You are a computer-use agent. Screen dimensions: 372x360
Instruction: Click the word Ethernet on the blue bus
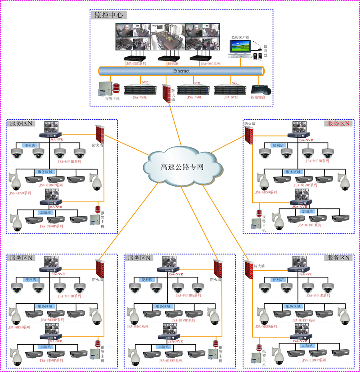[181, 71]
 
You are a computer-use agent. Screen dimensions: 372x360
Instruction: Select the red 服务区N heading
[338, 123]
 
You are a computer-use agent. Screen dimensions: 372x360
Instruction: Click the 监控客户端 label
[240, 37]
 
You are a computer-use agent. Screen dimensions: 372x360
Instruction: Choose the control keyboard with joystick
[261, 90]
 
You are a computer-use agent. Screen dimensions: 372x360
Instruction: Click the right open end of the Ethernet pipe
[262, 71]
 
